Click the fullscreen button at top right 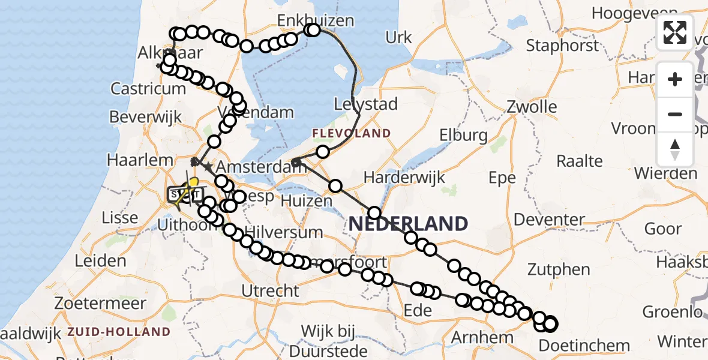(x=675, y=32)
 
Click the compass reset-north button (x=675, y=149)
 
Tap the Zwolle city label (x=531, y=107)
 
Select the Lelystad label (x=366, y=104)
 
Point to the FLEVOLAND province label (x=351, y=133)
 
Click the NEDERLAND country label (x=408, y=224)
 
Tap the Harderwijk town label (x=404, y=177)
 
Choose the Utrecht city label (x=270, y=292)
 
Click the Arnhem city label (x=481, y=338)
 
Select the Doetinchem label (x=584, y=346)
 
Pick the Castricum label (x=148, y=89)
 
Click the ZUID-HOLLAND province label (x=119, y=332)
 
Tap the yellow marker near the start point (x=193, y=181)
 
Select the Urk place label (x=399, y=38)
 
